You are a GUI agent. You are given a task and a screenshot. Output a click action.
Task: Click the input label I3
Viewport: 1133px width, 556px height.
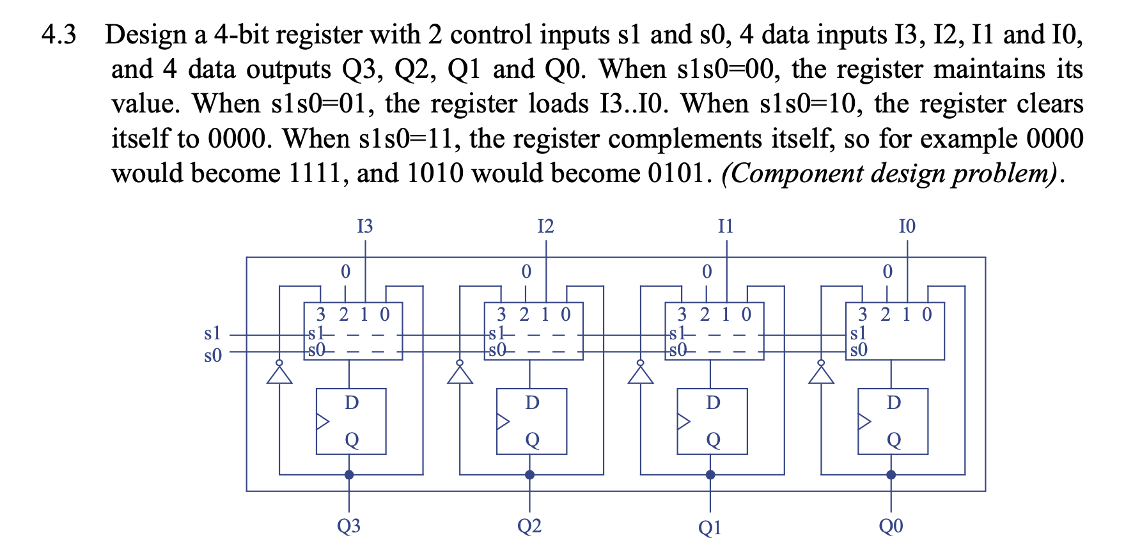point(364,226)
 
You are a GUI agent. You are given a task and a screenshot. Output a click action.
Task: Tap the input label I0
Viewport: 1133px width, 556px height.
point(907,226)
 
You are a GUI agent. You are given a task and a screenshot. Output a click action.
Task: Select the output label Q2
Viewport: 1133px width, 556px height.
point(529,526)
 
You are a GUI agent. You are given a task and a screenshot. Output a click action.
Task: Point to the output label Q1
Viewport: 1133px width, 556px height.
point(710,527)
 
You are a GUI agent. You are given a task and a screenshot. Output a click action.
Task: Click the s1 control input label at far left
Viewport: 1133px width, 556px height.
point(212,333)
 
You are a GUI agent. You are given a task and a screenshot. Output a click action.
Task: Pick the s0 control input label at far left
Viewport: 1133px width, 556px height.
point(212,355)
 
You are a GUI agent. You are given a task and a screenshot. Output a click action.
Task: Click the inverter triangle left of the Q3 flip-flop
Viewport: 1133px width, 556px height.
point(279,374)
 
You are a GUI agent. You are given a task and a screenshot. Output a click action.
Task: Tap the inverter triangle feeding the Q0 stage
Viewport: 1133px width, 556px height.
point(822,374)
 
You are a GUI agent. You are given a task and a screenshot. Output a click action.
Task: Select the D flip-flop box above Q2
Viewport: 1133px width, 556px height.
point(531,421)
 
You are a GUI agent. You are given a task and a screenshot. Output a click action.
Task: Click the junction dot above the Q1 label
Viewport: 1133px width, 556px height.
point(710,475)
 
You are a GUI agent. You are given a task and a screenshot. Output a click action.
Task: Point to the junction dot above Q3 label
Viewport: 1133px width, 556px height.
point(349,475)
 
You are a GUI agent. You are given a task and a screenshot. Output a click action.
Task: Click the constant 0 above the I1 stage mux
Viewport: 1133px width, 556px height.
point(707,272)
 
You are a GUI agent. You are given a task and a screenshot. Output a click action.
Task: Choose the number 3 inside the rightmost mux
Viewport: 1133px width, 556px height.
point(863,314)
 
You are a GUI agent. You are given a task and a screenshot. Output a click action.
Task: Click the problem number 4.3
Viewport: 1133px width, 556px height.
point(58,35)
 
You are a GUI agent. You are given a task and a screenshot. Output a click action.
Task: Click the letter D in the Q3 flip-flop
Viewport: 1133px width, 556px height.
point(352,403)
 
